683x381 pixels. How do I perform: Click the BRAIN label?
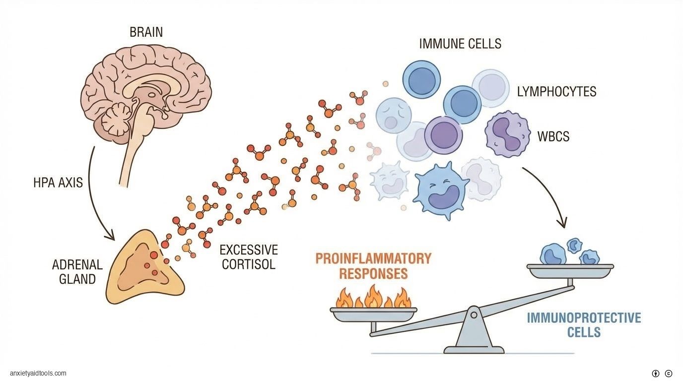tap(146, 33)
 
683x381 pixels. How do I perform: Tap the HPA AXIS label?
tap(58, 183)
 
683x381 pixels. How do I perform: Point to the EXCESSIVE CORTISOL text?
tap(249, 256)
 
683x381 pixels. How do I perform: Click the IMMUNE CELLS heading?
tap(460, 44)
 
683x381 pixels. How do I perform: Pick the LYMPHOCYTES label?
tap(556, 92)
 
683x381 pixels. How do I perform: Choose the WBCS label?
tap(553, 136)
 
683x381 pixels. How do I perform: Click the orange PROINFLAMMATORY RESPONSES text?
tap(373, 266)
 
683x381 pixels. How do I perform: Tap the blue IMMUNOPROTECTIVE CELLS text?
tap(584, 324)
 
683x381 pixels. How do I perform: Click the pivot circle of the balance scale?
tap(474, 314)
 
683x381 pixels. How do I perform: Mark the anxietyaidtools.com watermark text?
tap(38, 373)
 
